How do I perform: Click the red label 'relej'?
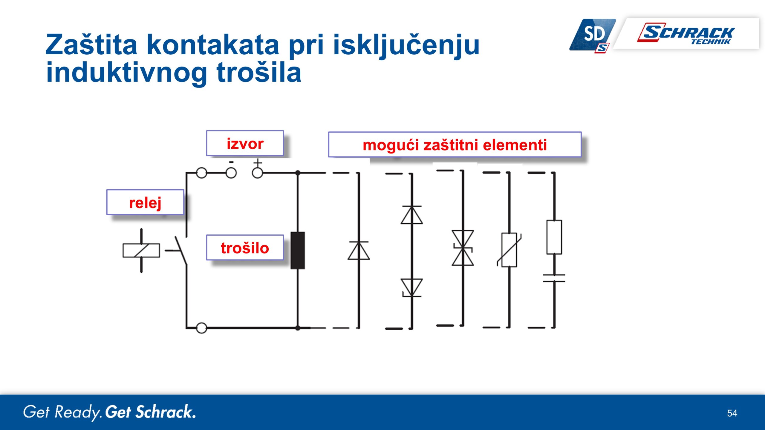[145, 203]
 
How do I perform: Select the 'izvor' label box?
[245, 143]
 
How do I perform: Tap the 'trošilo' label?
[245, 248]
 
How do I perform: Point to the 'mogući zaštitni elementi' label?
[455, 145]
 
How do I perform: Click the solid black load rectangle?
[298, 250]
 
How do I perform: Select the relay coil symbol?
[141, 251]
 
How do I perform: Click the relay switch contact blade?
[181, 250]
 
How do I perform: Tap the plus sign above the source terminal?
[258, 163]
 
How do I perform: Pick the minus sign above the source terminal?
[231, 162]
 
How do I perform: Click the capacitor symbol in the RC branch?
[554, 278]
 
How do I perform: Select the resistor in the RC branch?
[554, 237]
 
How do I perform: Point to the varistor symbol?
[509, 250]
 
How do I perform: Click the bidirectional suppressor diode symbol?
[463, 248]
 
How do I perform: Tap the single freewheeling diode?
[359, 250]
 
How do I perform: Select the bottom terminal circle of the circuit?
[201, 328]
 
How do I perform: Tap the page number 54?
[732, 413]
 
